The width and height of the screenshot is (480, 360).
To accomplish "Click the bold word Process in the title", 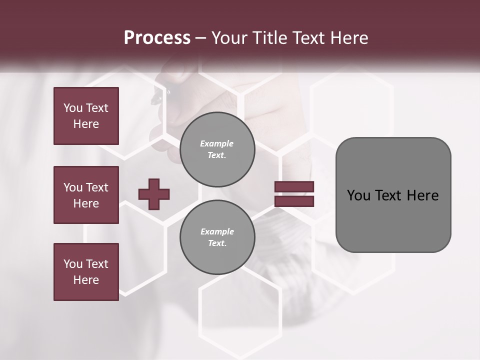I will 157,38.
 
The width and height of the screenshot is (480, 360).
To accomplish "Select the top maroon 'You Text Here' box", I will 86,116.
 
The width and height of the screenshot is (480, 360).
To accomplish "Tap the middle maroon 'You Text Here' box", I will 86,195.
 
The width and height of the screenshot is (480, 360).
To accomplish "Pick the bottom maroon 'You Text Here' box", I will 86,272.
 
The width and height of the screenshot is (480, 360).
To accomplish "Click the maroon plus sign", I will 154,194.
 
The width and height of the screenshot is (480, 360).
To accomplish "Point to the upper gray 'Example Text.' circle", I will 217,149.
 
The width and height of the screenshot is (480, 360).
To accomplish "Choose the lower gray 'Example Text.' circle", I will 217,237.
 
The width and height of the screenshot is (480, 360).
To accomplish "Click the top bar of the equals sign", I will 294,187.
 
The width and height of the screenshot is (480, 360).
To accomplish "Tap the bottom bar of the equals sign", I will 294,201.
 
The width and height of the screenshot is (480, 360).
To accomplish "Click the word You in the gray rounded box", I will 358,195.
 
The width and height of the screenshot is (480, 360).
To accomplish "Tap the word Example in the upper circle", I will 217,143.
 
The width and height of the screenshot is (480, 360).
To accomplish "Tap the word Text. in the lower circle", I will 217,243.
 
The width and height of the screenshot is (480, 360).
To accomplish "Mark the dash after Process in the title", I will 201,38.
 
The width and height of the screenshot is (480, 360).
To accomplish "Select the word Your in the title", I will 229,38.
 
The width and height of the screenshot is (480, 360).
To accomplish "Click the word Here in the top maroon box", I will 86,124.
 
